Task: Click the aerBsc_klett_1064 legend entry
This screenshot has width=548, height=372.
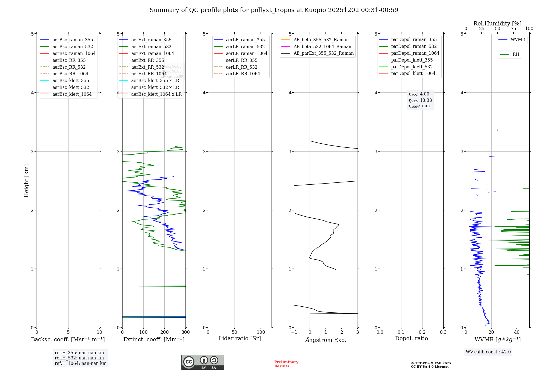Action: (72, 94)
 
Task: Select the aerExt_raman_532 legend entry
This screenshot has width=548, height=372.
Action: (151, 47)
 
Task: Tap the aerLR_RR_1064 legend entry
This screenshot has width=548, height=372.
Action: (243, 74)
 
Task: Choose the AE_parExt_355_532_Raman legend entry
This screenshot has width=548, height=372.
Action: (323, 53)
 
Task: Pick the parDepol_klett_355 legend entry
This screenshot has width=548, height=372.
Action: (412, 60)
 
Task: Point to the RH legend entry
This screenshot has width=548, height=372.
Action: (516, 54)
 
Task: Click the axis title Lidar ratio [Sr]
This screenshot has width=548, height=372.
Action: (240, 338)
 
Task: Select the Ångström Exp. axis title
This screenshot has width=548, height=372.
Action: (326, 340)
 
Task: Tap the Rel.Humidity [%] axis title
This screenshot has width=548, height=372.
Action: (497, 24)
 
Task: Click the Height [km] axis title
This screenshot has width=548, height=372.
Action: (26, 181)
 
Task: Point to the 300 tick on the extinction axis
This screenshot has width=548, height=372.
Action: (186, 332)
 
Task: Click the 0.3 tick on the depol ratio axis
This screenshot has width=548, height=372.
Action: (443, 332)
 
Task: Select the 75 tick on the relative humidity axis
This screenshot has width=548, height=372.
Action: (513, 29)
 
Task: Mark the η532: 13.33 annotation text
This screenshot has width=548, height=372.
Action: (420, 100)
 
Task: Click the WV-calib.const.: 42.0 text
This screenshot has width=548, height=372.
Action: (488, 352)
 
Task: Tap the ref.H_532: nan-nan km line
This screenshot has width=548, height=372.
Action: (79, 358)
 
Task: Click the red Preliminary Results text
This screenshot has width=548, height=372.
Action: (286, 364)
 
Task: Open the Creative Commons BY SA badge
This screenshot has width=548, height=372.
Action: (202, 362)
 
